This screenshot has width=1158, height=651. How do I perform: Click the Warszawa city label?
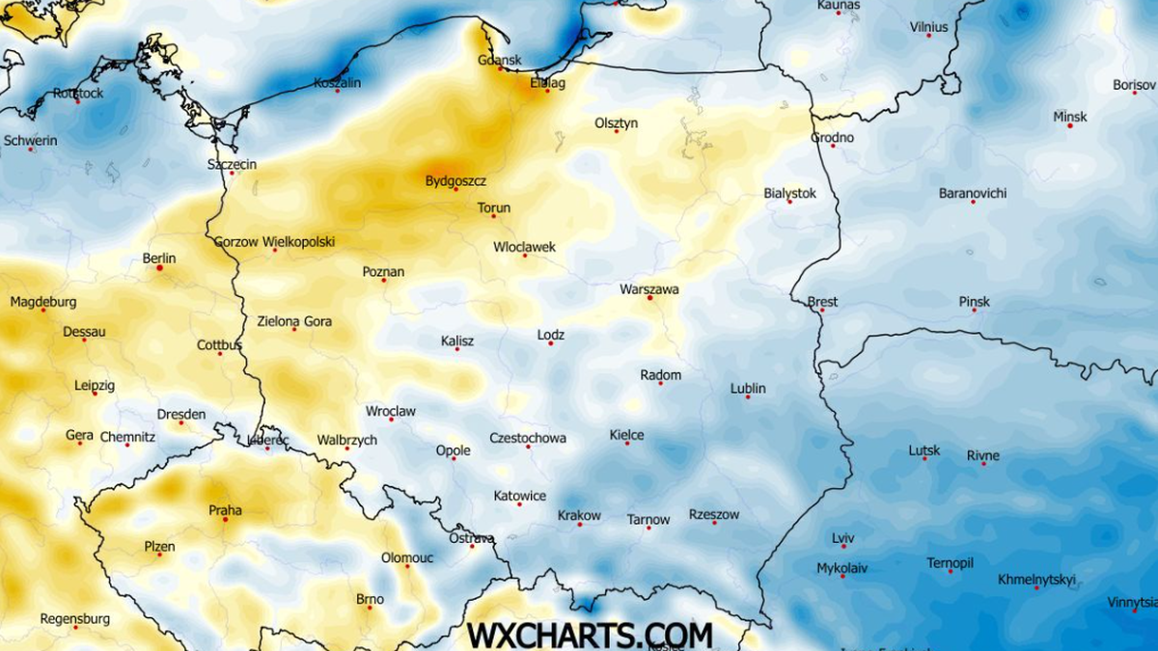(649, 288)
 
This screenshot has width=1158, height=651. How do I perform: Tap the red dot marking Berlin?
(160, 268)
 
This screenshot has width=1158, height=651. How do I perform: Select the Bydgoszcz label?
(455, 180)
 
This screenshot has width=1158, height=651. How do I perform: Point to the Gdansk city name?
(500, 60)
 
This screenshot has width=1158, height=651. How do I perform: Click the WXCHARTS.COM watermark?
(590, 635)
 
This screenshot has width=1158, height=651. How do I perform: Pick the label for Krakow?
(579, 515)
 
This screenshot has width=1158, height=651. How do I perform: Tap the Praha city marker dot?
(226, 520)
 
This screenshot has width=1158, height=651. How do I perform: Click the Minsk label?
(1069, 117)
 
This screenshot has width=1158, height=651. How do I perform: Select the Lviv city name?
(842, 538)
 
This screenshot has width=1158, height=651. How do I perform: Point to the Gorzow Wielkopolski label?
(274, 241)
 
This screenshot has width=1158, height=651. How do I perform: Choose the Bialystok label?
(789, 193)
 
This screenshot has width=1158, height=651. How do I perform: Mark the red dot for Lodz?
(551, 344)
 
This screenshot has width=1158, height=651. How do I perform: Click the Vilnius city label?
(928, 27)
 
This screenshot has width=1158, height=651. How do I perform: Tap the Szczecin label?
(232, 164)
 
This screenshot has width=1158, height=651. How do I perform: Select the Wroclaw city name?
(391, 411)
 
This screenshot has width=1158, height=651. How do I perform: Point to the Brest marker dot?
(821, 311)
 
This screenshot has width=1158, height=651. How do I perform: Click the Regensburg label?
(74, 618)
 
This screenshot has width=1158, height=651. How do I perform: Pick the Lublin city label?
(748, 388)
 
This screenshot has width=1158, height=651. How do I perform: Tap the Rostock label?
(78, 93)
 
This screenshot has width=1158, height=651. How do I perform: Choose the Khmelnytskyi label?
(1036, 580)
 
